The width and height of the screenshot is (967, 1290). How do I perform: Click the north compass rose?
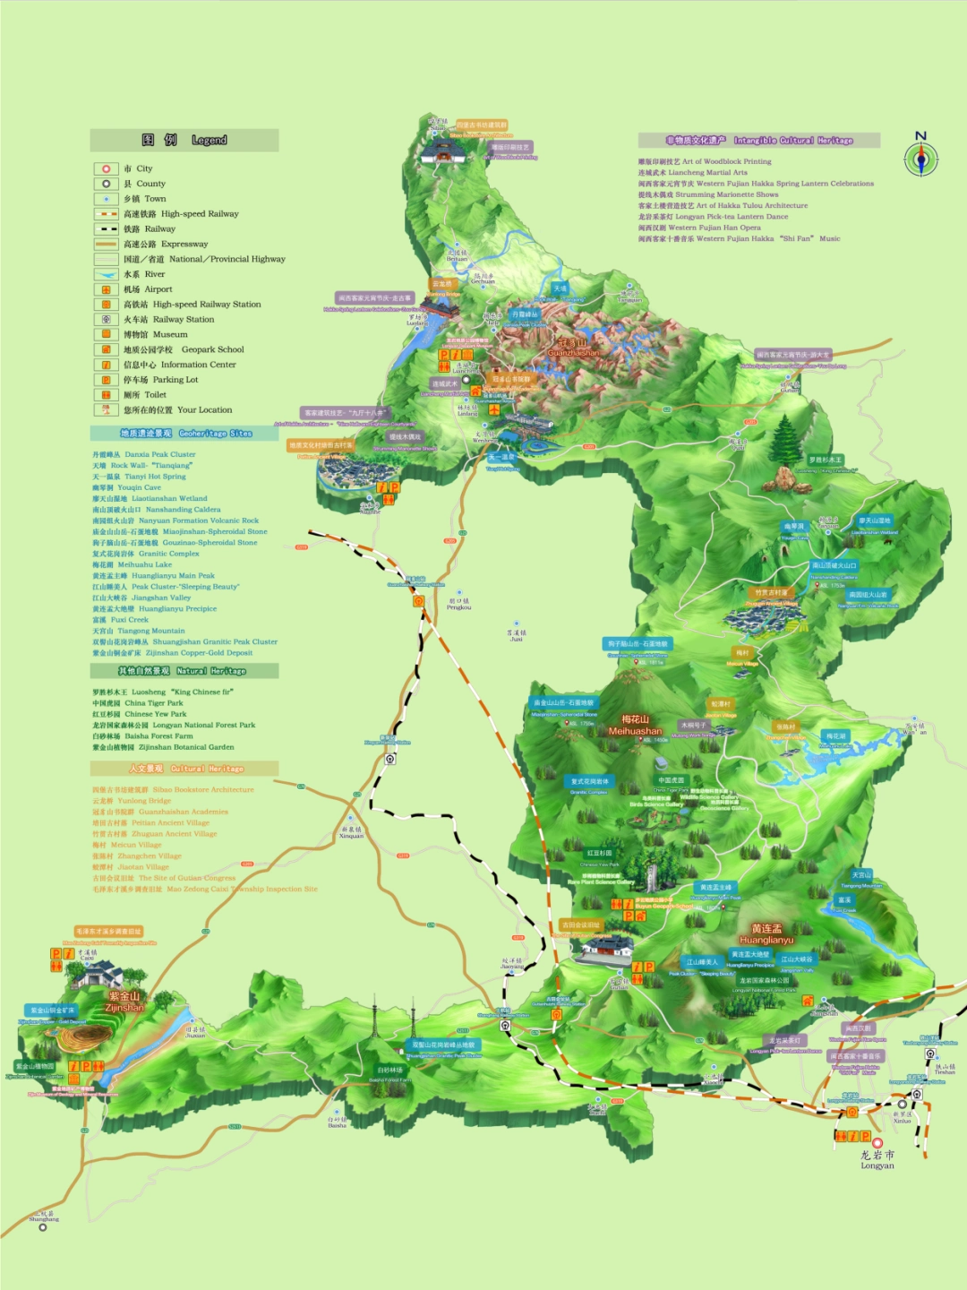point(920,159)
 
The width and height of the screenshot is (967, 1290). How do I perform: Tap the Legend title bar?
point(184,140)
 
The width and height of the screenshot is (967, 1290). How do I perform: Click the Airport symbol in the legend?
point(106,289)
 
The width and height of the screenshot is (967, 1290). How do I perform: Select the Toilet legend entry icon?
point(106,395)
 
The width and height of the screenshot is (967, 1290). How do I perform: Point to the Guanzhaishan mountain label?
point(573,347)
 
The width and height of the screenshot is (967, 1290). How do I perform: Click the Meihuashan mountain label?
point(635,725)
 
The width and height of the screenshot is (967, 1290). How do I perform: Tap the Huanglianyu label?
point(766,933)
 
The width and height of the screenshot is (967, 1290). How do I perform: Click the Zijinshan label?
point(124,1002)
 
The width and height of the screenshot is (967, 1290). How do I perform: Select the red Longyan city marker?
point(877,1143)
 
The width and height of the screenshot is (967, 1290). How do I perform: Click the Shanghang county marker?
point(42,1227)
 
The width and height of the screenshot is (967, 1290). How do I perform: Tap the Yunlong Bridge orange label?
point(442,284)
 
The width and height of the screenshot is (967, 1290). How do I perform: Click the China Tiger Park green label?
point(672,780)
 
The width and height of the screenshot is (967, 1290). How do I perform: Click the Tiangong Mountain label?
point(861,875)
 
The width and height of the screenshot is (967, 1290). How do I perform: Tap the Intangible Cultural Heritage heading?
point(759,141)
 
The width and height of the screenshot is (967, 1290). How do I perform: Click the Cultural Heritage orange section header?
point(184,769)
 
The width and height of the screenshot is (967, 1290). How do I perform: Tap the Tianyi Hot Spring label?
point(503,457)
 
